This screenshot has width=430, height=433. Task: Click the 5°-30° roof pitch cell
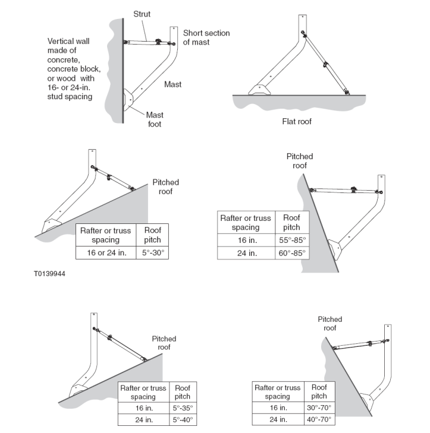coord(152,252)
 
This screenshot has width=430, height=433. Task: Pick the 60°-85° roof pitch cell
coord(292,254)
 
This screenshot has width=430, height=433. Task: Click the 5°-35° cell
coord(182,408)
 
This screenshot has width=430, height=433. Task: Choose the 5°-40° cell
coord(182,420)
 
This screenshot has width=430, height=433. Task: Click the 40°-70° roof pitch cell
coord(319,420)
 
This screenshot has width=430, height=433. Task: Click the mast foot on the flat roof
coord(260,89)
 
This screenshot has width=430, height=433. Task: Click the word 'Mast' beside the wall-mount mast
coord(172,84)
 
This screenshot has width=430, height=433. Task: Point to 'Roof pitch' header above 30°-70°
coord(319,391)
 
